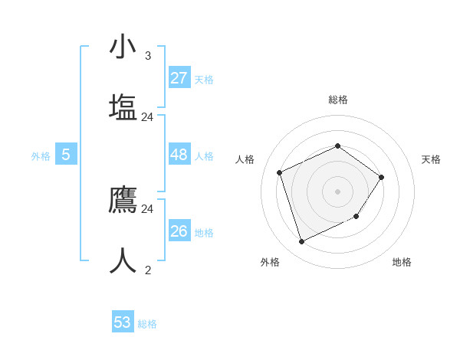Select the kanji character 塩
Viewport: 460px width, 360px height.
click(123, 106)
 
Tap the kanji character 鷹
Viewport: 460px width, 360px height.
click(123, 198)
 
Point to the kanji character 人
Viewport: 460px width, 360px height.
click(123, 260)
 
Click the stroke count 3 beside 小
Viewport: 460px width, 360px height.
click(148, 55)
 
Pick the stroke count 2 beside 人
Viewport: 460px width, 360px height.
click(148, 270)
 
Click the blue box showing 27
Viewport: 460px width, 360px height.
click(179, 78)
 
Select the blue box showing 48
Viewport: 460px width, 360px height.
click(179, 155)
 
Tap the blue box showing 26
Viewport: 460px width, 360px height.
click(179, 231)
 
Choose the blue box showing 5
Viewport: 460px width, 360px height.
click(66, 155)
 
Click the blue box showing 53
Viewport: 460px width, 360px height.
click(123, 322)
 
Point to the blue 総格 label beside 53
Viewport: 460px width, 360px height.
click(147, 324)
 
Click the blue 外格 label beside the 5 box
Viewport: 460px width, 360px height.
click(41, 156)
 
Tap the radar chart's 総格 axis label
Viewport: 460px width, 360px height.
click(338, 100)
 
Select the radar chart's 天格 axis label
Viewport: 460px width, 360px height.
click(431, 159)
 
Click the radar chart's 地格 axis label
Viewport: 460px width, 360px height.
click(402, 262)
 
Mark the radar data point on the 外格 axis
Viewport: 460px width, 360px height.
click(301, 242)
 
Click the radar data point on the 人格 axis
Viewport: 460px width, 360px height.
click(280, 172)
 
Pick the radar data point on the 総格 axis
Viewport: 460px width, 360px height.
click(337, 146)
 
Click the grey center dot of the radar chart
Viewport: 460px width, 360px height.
click(337, 191)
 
